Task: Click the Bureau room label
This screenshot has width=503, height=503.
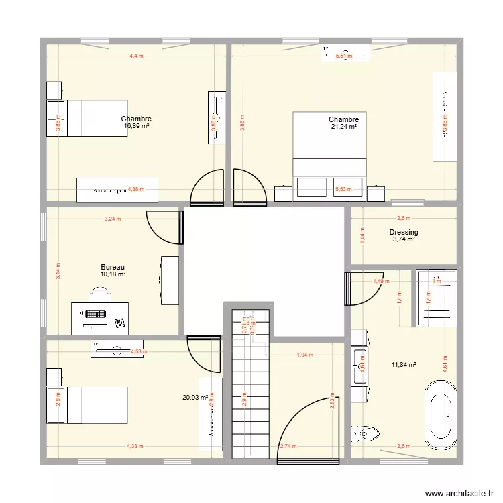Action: point(113,267)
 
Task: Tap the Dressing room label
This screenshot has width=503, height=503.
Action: point(404,233)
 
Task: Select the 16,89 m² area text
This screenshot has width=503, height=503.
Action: point(136,125)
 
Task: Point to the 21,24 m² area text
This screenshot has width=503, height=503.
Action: point(343,126)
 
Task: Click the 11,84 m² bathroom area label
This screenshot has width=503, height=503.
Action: point(404,365)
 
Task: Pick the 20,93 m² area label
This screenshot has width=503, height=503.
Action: point(194,398)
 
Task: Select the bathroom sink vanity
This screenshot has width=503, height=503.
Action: point(359,366)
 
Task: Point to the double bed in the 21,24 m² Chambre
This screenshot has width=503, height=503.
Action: point(330,154)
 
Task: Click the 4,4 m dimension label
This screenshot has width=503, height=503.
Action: point(136,56)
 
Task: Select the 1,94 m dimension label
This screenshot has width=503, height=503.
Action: point(305,355)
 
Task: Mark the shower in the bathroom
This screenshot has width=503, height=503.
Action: point(436,296)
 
